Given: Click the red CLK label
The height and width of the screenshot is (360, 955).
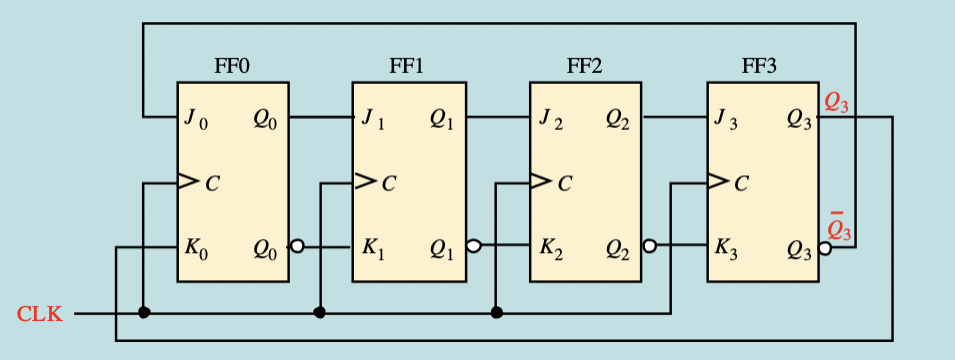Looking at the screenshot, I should (x=39, y=314).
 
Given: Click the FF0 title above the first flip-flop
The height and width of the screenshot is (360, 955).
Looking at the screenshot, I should (x=232, y=67).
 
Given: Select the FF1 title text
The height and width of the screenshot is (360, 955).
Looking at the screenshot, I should (x=406, y=67).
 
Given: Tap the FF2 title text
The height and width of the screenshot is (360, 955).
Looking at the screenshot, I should (x=584, y=67).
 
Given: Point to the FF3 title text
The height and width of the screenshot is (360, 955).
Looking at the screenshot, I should (x=760, y=67).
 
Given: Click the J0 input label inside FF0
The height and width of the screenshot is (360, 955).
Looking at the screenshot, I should (x=196, y=119).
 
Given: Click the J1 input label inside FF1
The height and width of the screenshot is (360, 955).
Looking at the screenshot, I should (x=372, y=119).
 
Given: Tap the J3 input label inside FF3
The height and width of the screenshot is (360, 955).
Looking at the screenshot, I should (x=726, y=119).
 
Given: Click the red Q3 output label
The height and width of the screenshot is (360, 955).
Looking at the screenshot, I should (x=837, y=102).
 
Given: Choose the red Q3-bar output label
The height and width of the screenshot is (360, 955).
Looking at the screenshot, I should (x=837, y=230).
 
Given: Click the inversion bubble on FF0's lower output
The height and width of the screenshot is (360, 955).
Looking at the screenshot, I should (x=296, y=246).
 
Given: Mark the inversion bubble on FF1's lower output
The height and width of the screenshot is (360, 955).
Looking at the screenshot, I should (x=473, y=246).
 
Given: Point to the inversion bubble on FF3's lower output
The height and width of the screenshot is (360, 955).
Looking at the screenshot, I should (x=825, y=246).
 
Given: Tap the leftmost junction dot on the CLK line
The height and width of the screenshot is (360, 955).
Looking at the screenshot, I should (x=144, y=313).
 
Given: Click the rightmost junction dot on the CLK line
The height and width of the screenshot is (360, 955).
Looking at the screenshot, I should (x=497, y=313).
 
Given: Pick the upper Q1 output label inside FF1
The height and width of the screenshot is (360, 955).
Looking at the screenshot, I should (x=441, y=119).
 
